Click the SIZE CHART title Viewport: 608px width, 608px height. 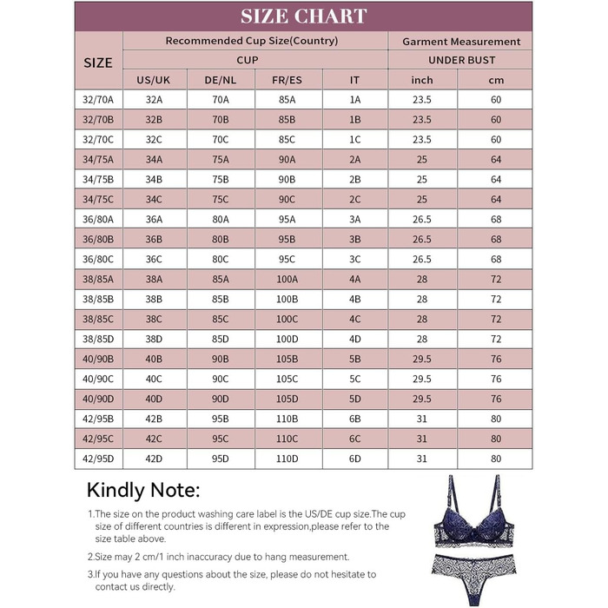pyautogui.click(x=303, y=16)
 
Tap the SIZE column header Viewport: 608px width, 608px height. pyautogui.click(x=98, y=62)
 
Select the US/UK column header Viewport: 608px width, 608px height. pyautogui.click(x=155, y=80)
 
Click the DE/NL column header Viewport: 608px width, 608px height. pyautogui.click(x=220, y=80)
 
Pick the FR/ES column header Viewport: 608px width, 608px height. pyautogui.click(x=287, y=80)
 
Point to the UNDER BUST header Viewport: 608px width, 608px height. pyautogui.click(x=461, y=60)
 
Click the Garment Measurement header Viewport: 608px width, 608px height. pyautogui.click(x=461, y=41)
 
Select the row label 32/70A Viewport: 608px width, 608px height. pyautogui.click(x=98, y=100)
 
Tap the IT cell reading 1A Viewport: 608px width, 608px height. pyautogui.click(x=354, y=100)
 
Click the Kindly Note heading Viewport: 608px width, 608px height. pyautogui.click(x=143, y=490)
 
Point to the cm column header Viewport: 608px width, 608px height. pyautogui.click(x=496, y=80)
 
